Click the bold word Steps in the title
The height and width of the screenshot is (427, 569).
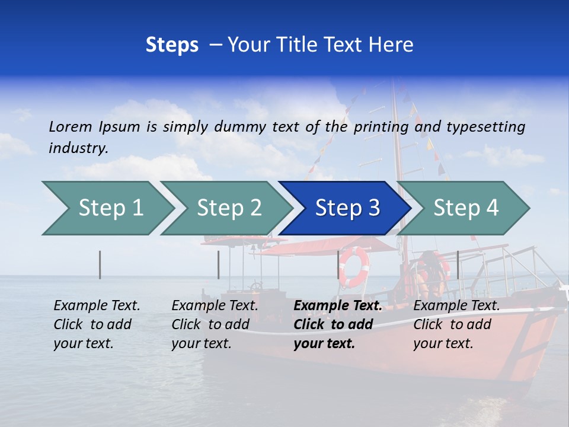pyautogui.click(x=172, y=45)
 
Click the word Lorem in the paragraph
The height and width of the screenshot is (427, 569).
pyautogui.click(x=71, y=127)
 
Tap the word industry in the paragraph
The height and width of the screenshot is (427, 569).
pyautogui.click(x=78, y=148)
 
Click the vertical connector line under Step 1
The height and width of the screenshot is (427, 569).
pyautogui.click(x=100, y=265)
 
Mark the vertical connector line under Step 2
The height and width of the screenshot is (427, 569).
pyautogui.click(x=218, y=265)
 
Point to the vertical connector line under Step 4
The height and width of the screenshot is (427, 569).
pyautogui.click(x=458, y=265)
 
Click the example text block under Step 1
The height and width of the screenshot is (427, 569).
pyautogui.click(x=97, y=324)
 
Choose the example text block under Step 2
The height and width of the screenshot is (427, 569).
pyautogui.click(x=215, y=324)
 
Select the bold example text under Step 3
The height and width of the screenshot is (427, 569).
pyautogui.click(x=337, y=324)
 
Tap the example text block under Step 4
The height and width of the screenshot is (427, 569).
pyautogui.click(x=456, y=324)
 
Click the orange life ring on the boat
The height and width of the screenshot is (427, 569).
pyautogui.click(x=354, y=267)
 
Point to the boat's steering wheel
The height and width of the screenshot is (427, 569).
pyautogui.click(x=256, y=288)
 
